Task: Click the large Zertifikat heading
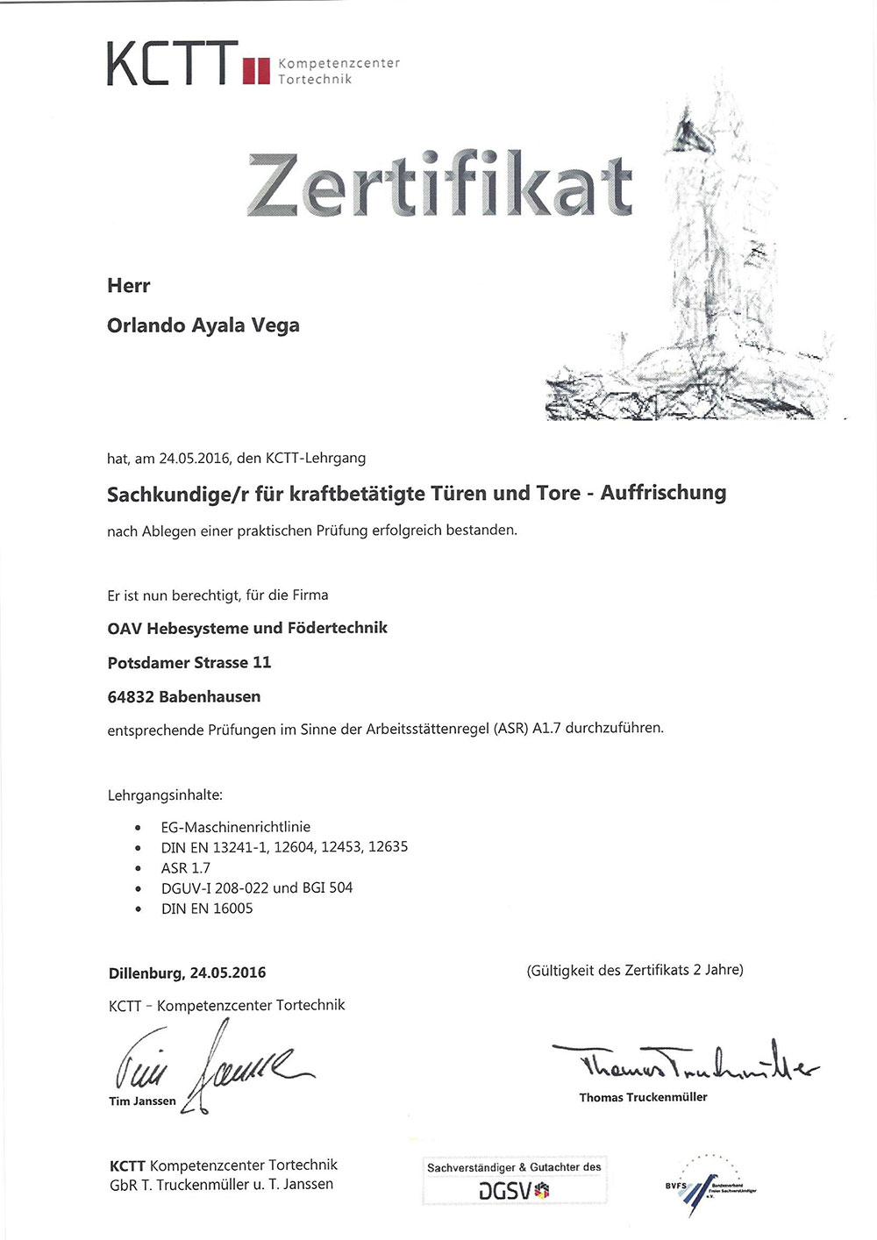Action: tap(438, 185)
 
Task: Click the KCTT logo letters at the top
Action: tap(172, 64)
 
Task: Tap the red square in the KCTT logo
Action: tap(256, 70)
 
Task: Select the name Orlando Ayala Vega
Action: tap(203, 325)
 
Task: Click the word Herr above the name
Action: tap(128, 286)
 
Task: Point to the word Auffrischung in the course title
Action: tap(663, 493)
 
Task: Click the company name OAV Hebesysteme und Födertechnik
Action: tap(246, 628)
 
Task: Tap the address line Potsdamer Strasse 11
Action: tap(189, 662)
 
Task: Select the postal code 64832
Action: tap(131, 696)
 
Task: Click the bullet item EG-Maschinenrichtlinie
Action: tap(235, 826)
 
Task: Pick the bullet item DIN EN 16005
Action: tap(206, 909)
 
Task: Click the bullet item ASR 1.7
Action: tap(185, 867)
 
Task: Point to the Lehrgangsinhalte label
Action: tap(165, 795)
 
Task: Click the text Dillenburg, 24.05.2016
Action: tap(187, 973)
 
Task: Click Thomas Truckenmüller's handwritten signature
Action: tap(684, 1061)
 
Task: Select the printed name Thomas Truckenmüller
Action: tap(643, 1097)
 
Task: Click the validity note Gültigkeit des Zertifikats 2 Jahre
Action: tap(634, 970)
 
